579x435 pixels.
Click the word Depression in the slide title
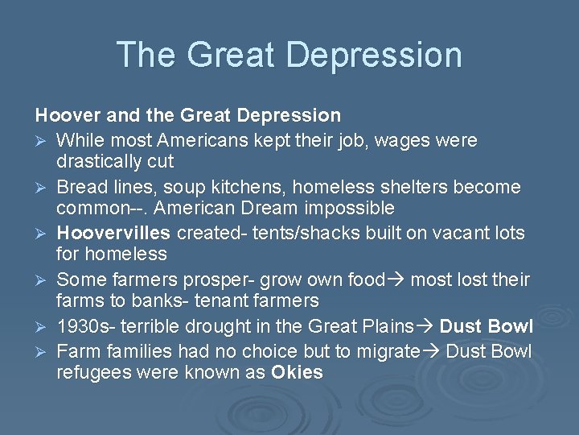click(373, 55)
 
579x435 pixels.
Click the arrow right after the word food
click(398, 280)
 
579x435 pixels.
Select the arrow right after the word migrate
click(431, 352)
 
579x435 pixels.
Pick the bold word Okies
click(297, 373)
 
